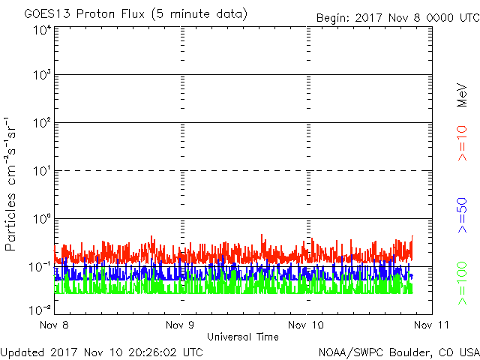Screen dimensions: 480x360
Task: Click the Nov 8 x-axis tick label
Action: click(x=54, y=325)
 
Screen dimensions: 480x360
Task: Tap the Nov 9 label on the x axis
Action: click(x=180, y=325)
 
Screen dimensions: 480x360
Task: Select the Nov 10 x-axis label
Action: click(x=306, y=325)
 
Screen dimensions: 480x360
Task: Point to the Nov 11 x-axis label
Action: click(x=432, y=325)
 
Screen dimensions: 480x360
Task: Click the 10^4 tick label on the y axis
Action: click(x=42, y=30)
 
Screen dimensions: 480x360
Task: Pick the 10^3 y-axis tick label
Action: click(x=42, y=74)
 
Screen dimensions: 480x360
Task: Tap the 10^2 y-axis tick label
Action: click(x=42, y=122)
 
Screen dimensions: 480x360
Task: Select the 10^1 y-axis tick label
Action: click(x=42, y=170)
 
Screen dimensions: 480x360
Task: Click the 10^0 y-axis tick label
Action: click(x=42, y=218)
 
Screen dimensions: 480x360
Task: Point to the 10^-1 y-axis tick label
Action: click(x=40, y=267)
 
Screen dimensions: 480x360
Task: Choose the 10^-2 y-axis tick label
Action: click(x=40, y=310)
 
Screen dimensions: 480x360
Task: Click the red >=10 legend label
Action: click(x=462, y=143)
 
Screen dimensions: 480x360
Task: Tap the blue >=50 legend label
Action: click(x=462, y=215)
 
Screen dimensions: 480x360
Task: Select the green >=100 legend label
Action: click(x=462, y=283)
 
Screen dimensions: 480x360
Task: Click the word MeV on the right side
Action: click(x=462, y=95)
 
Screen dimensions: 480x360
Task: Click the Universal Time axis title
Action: click(x=243, y=337)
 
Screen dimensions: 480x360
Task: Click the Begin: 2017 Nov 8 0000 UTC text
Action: click(x=398, y=18)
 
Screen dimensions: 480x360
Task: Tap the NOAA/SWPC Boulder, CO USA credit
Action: click(x=399, y=352)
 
